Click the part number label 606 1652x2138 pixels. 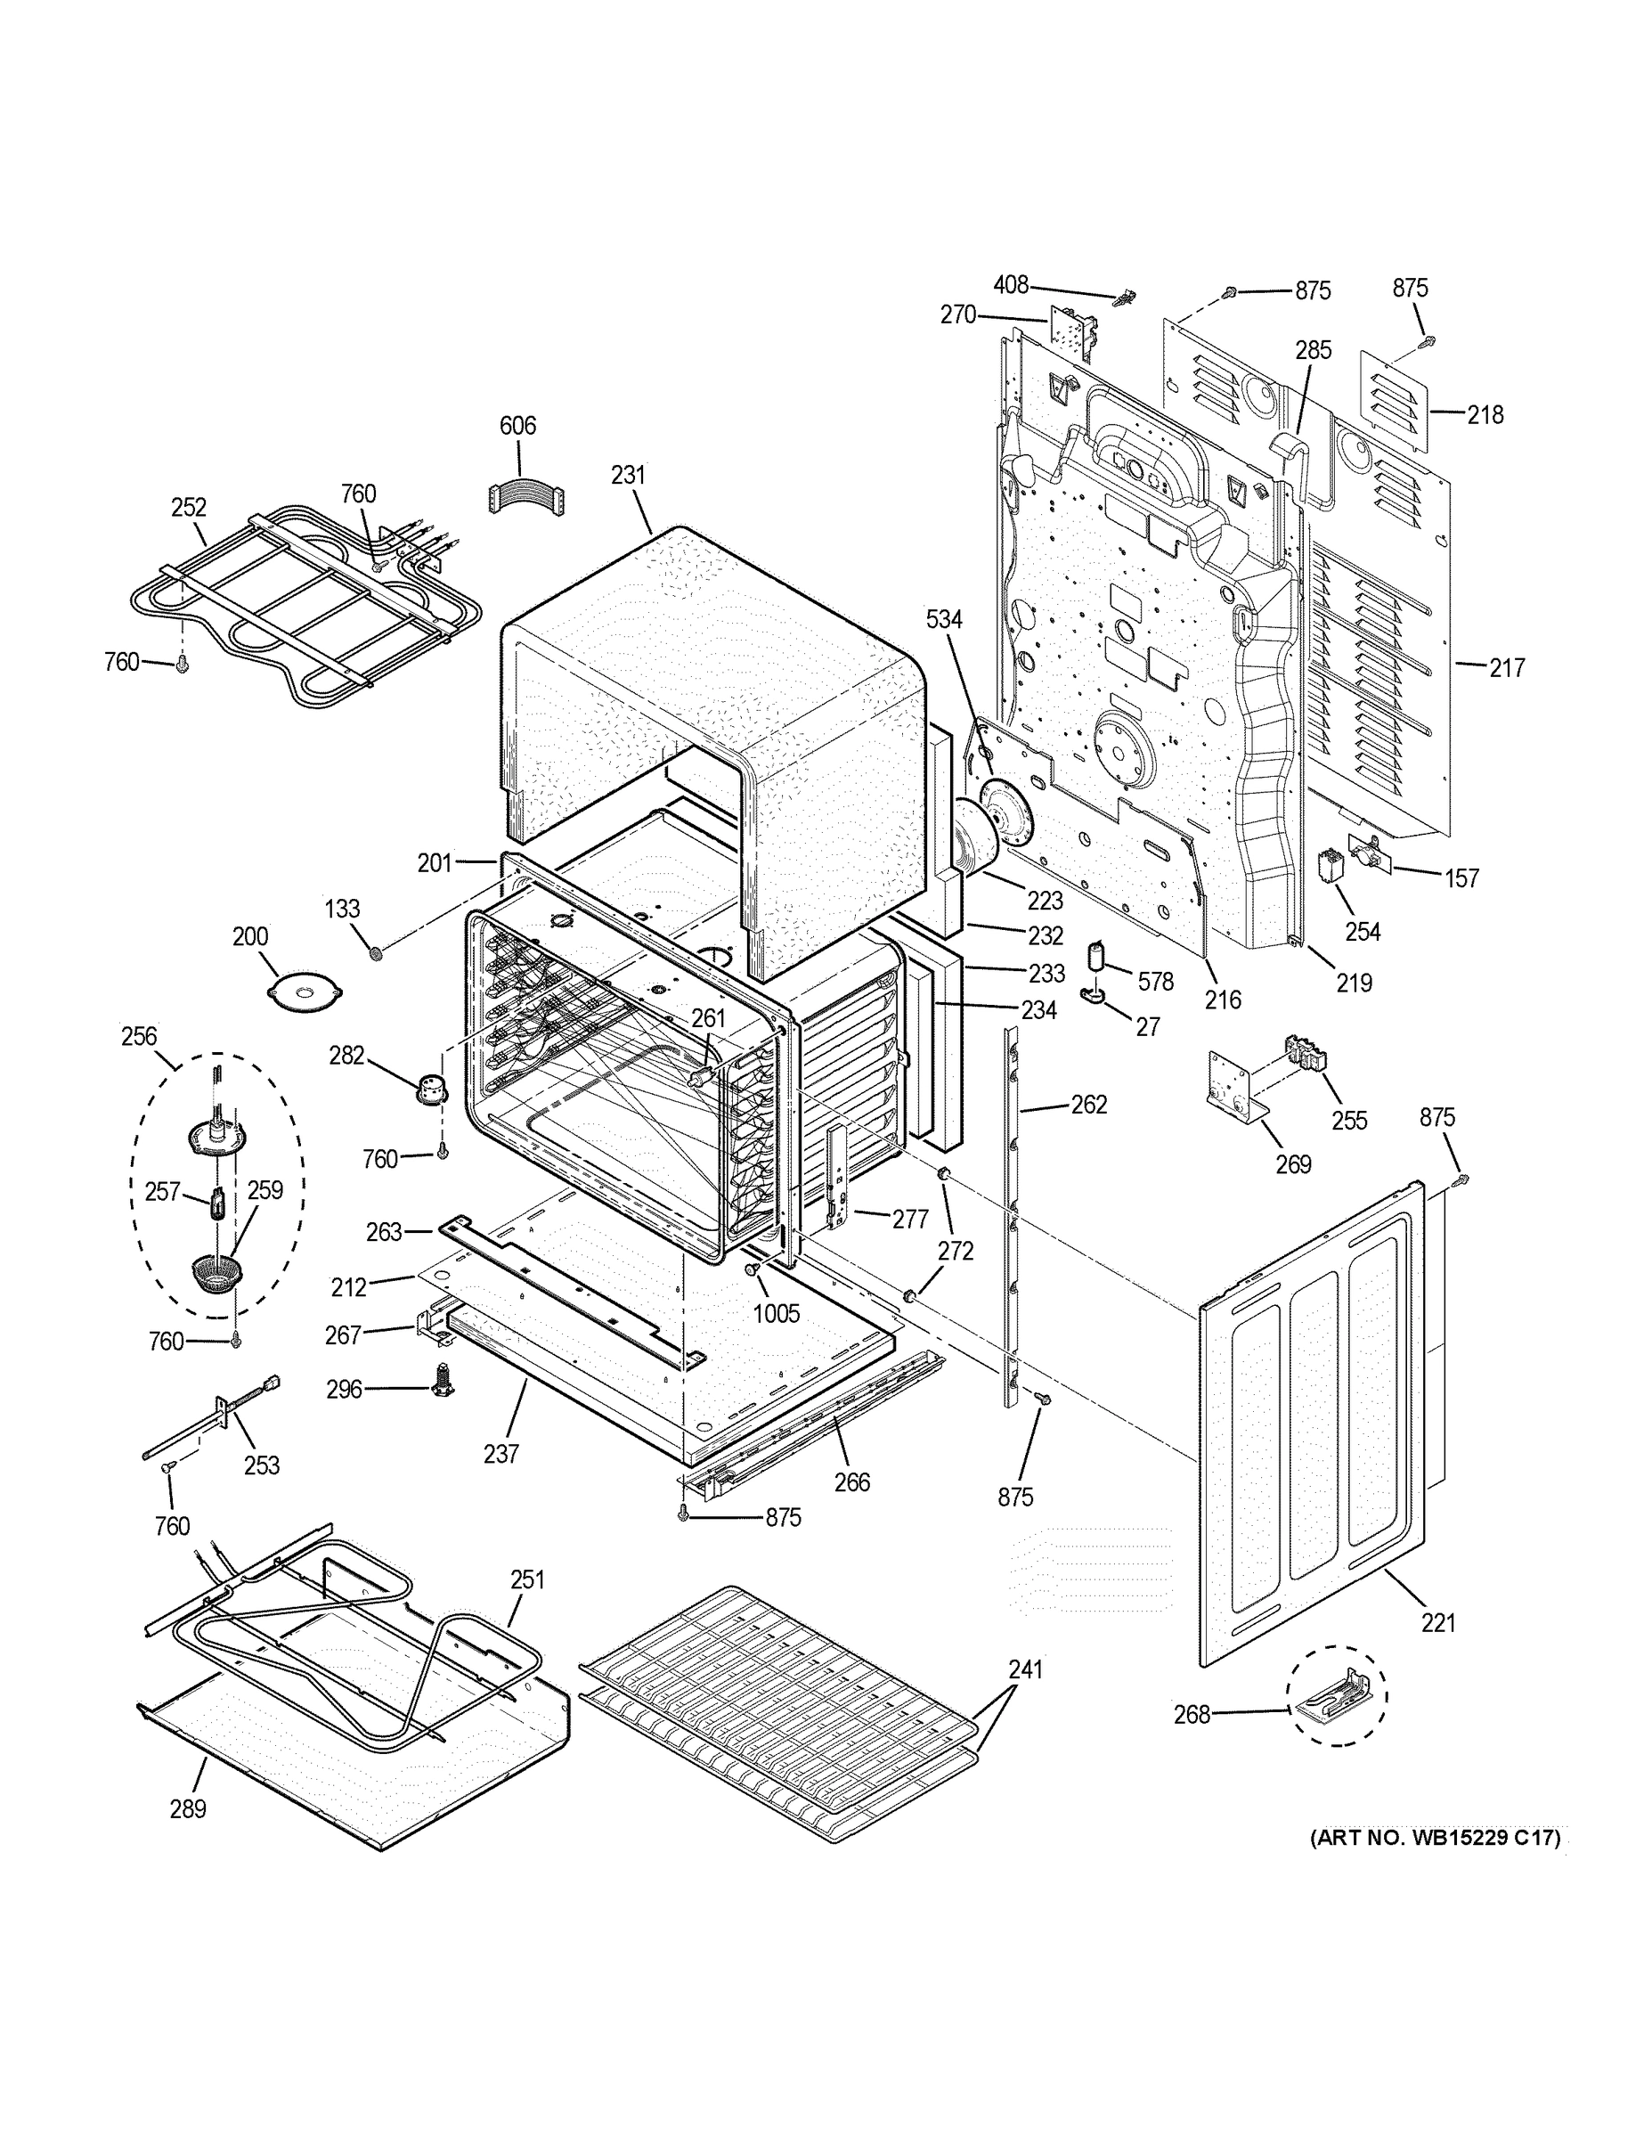tap(517, 425)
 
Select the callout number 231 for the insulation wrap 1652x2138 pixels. tap(629, 475)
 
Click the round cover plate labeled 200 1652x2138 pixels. tap(305, 990)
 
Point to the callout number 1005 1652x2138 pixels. tap(776, 1314)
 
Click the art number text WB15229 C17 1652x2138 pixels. tap(1435, 1838)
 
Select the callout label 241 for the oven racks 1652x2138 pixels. tap(1026, 1669)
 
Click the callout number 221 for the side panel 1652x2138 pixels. tap(1438, 1623)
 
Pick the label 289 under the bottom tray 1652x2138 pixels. tap(188, 1809)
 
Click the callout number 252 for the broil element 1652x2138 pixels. tap(189, 507)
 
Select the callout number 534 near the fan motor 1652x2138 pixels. tap(944, 619)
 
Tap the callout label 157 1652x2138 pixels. tap(1462, 878)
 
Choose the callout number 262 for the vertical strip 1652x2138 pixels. tap(1088, 1105)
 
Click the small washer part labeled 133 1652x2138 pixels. tap(375, 952)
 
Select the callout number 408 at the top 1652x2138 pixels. tap(1011, 285)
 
